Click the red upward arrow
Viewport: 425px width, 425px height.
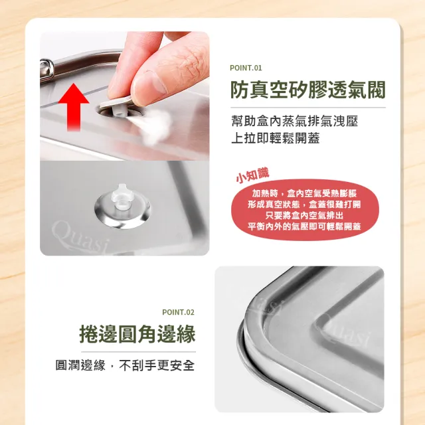[x=74, y=107]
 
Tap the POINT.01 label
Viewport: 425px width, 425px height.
[x=246, y=68]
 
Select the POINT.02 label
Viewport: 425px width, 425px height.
[x=179, y=312]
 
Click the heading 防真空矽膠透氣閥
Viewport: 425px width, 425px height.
[x=308, y=90]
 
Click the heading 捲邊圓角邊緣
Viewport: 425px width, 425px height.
[x=137, y=334]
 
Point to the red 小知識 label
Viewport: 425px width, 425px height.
[x=252, y=175]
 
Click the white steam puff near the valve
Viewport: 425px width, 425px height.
[x=155, y=126]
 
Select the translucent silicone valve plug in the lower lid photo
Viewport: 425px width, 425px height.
[x=122, y=197]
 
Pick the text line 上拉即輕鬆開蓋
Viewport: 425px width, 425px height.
[x=276, y=138]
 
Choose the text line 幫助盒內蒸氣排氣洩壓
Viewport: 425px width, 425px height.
[x=295, y=121]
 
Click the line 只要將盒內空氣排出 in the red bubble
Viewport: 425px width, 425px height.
[x=304, y=215]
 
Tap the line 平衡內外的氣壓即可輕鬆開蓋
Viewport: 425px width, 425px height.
[x=304, y=226]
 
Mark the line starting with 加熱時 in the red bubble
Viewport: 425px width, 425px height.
[x=304, y=193]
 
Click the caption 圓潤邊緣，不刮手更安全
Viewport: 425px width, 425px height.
[x=126, y=365]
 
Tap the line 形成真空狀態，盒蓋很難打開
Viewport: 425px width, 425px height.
[x=304, y=205]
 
